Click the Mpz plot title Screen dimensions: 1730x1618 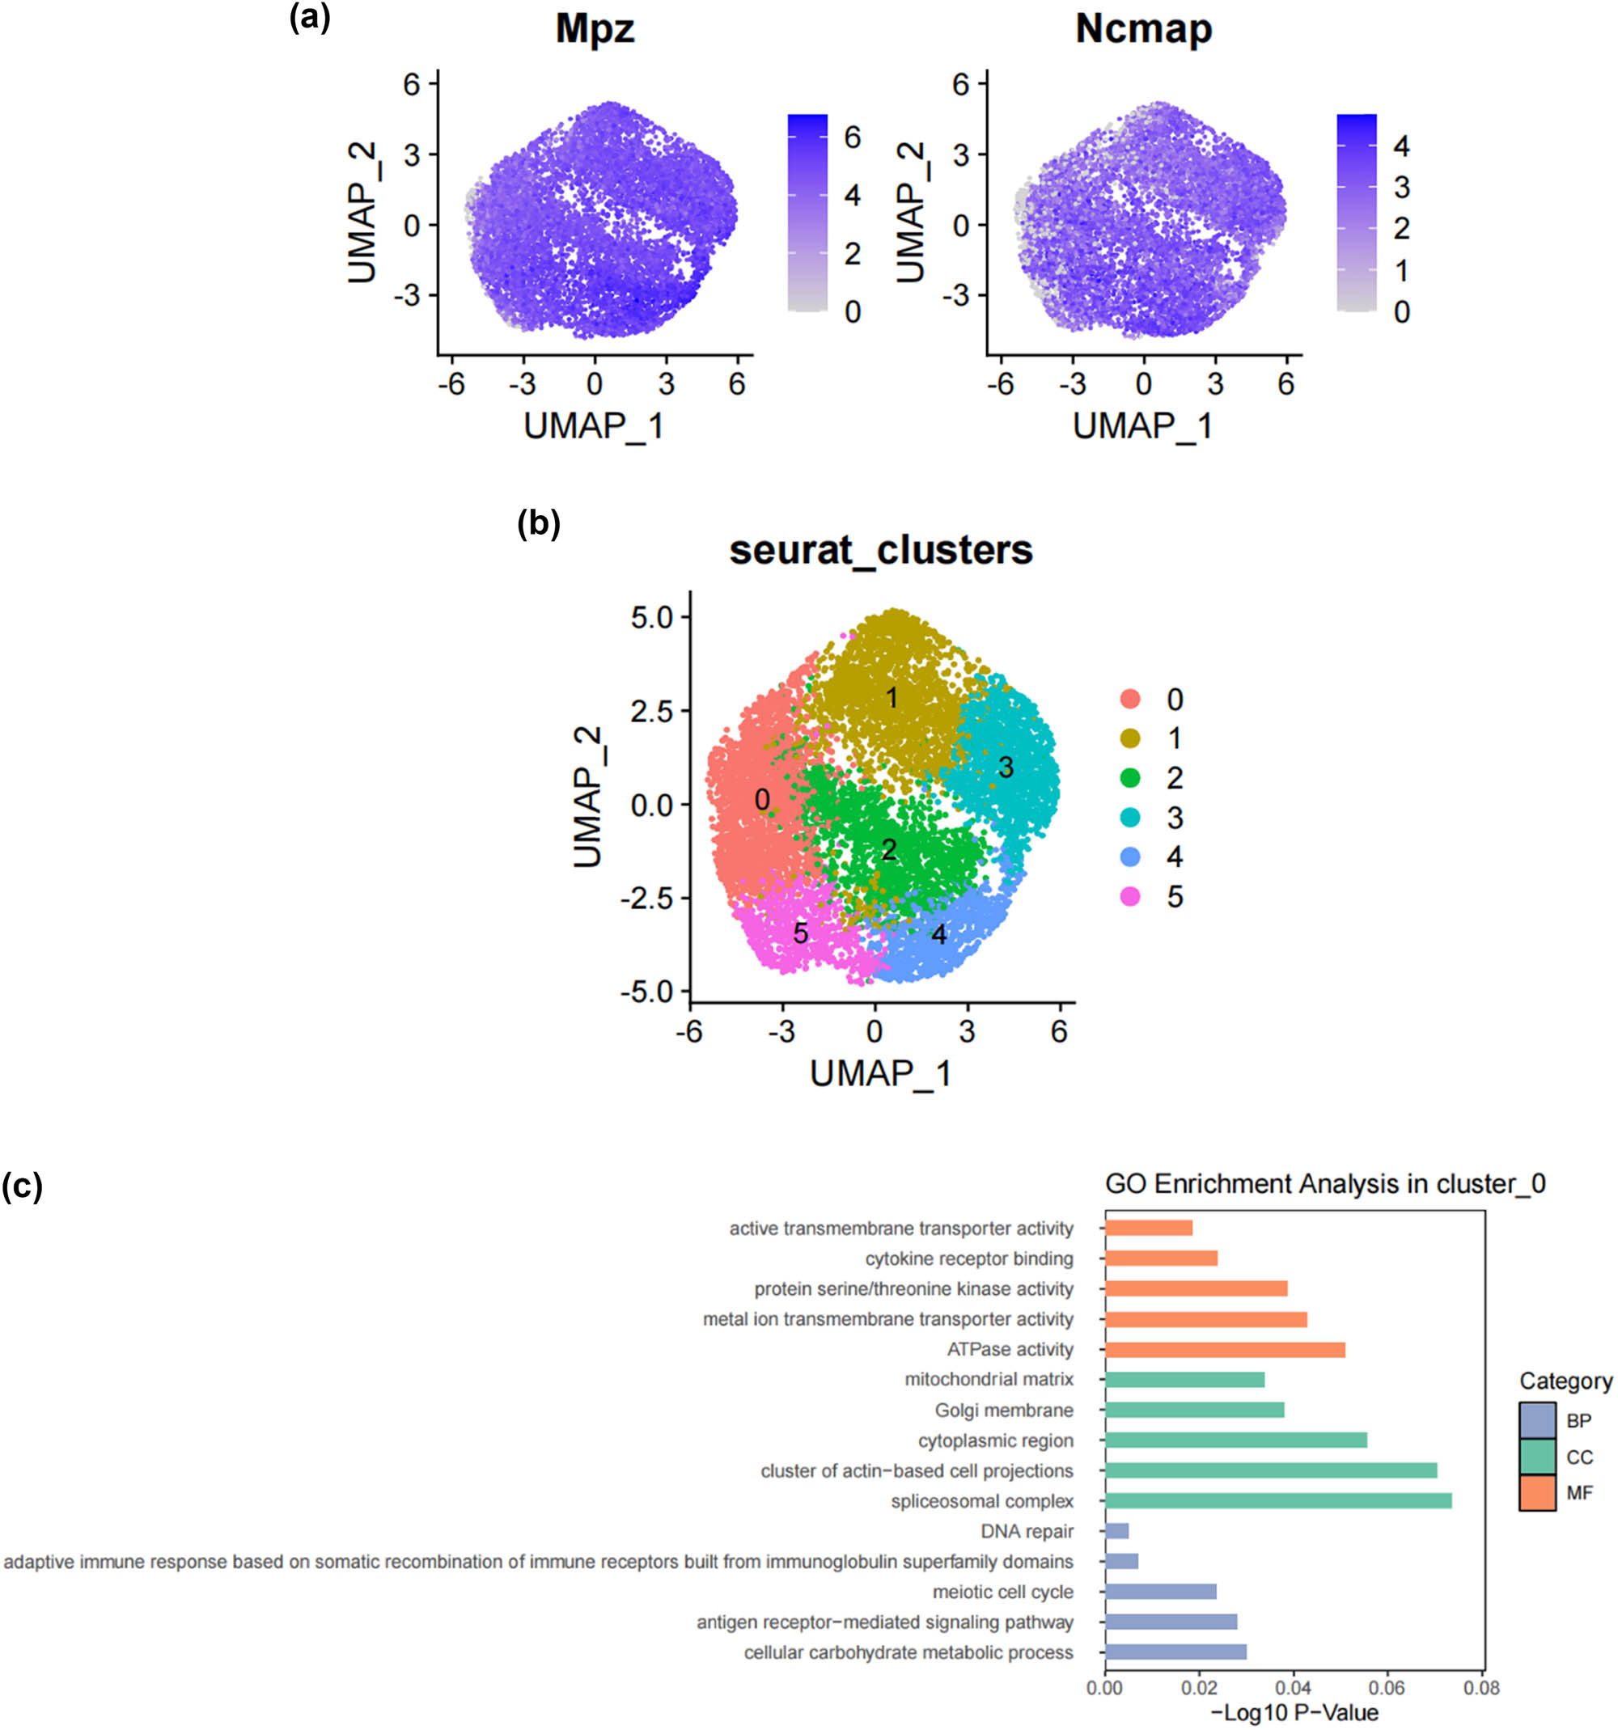point(595,29)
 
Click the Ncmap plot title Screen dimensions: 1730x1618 point(1143,29)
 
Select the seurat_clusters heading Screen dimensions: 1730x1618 point(881,550)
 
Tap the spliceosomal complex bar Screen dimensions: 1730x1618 point(1277,1501)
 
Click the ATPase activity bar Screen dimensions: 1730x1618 point(1225,1350)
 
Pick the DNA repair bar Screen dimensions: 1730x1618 point(1116,1531)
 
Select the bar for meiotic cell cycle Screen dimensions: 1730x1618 point(1160,1592)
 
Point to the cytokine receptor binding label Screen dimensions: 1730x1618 point(968,1258)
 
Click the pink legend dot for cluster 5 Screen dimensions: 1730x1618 point(1129,896)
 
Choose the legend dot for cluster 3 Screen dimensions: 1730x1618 point(1129,817)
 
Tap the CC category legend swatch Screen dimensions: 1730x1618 point(1537,1457)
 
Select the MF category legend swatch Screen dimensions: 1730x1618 point(1537,1493)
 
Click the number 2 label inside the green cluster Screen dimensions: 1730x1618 point(887,850)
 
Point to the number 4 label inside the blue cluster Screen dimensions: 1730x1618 point(938,935)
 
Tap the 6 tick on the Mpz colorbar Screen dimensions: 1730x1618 point(852,137)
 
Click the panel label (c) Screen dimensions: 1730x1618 point(22,1186)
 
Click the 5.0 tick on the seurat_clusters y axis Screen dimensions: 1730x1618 point(653,618)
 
